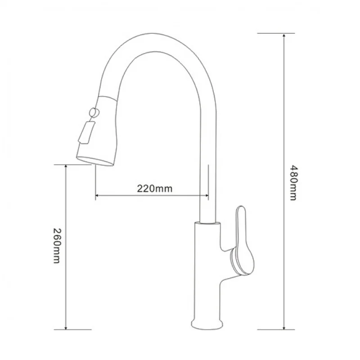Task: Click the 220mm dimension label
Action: tap(155, 189)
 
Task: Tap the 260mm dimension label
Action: tap(57, 245)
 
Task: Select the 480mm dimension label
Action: tap(293, 183)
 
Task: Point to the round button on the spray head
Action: tap(94, 112)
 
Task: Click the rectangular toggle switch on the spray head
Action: tap(86, 133)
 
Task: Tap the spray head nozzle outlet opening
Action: tap(95, 161)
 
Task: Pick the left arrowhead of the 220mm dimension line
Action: tap(97, 195)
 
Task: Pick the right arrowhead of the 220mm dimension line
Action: tap(207, 195)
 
